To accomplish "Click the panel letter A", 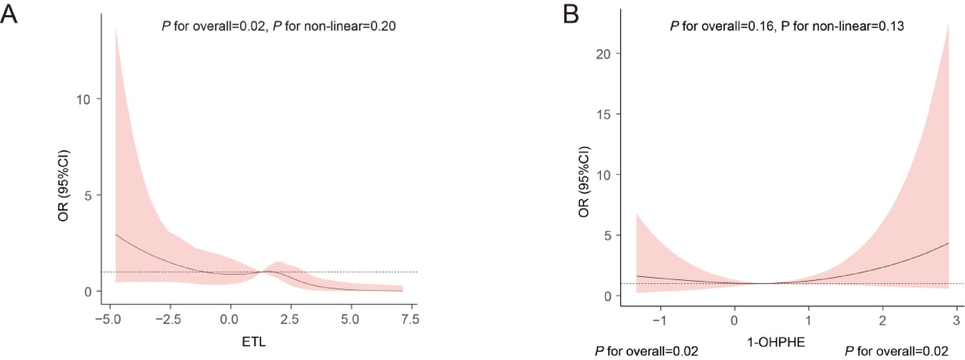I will coord(9,13).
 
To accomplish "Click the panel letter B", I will coord(571,13).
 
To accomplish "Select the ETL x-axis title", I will coord(254,341).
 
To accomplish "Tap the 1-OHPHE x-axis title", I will coord(775,341).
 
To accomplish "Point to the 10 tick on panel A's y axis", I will coord(83,100).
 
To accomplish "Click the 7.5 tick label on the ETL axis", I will coord(410,319).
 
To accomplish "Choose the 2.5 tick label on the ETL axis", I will coord(289,319).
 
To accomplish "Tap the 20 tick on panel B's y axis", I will coord(603,54).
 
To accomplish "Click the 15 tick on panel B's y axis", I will coord(603,114).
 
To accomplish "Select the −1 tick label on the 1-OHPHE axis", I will coord(659,320).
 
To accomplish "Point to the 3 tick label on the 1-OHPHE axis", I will coord(956,320).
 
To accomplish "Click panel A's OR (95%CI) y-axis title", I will coord(63,186).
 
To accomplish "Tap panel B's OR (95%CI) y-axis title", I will coord(584,182).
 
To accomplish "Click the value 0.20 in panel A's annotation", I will coord(382,26).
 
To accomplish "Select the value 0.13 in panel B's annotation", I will coord(890,26).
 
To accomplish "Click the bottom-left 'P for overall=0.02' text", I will coord(646,352).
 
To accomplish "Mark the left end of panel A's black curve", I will coord(116,234).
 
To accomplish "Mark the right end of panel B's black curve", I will coord(948,244).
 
